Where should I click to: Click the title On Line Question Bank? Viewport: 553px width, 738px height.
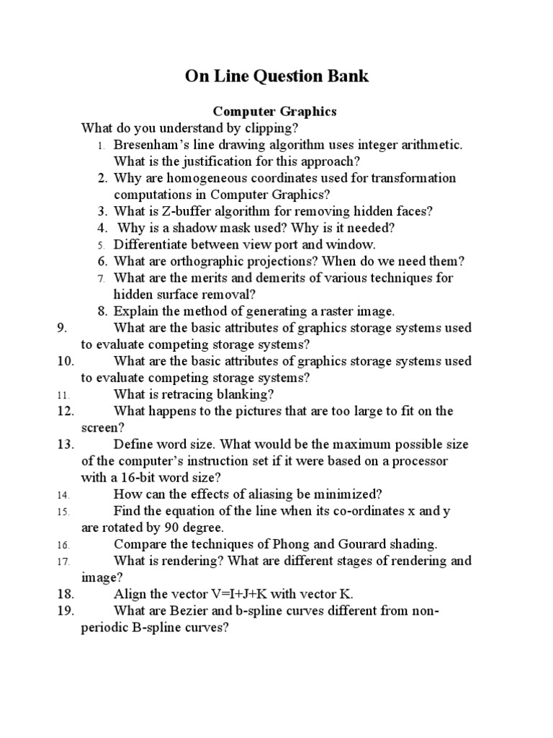276,76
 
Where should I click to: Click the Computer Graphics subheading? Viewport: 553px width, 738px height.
274,112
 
